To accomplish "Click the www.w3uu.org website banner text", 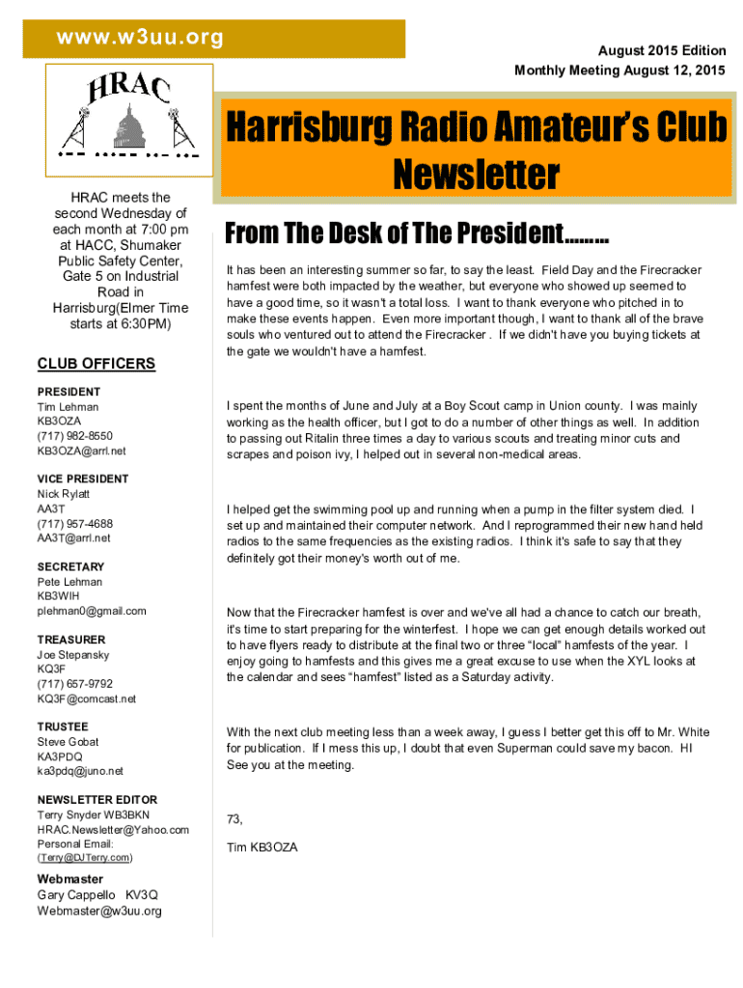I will pos(140,38).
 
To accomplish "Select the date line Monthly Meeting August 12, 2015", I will pos(619,70).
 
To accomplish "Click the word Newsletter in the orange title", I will pos(475,175).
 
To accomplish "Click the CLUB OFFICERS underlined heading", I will pos(96,364).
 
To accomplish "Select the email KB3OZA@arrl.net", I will pos(81,451).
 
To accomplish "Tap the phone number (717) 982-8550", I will pos(74,436).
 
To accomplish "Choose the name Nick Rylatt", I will pos(64,494).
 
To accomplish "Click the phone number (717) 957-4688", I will pos(74,523).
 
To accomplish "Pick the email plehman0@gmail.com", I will pos(92,611).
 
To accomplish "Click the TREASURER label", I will pos(71,640).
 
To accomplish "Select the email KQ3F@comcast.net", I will pos(86,699).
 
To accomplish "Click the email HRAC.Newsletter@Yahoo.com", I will pos(113,830).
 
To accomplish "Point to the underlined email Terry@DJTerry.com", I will pos(85,858).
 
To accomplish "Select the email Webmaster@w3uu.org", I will pos(99,911).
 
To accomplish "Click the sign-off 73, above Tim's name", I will pos(234,819).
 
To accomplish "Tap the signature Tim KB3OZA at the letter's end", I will pos(261,848).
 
